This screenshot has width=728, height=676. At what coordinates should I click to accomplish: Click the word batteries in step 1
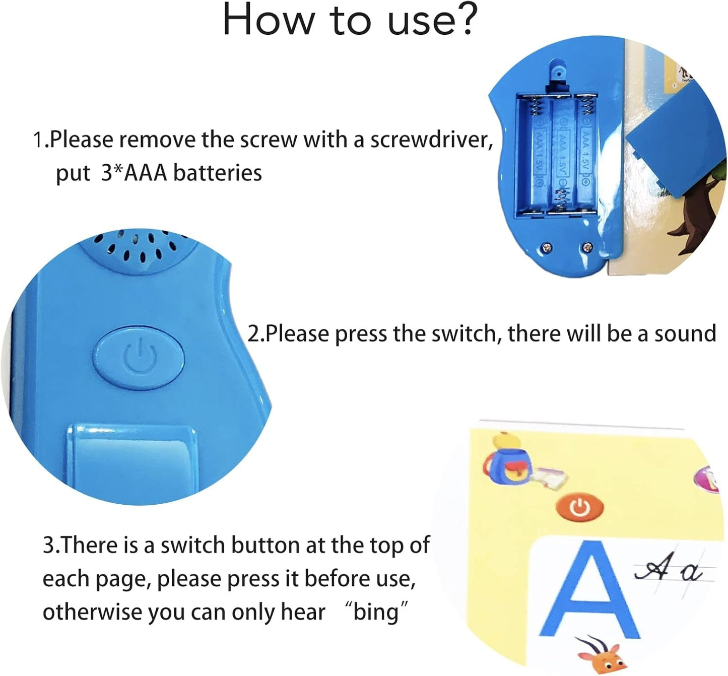point(217,173)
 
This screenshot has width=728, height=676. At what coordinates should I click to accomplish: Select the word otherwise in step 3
point(92,612)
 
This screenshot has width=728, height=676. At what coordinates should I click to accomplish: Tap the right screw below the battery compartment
point(587,247)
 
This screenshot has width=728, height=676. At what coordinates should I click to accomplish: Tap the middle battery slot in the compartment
point(560,155)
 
